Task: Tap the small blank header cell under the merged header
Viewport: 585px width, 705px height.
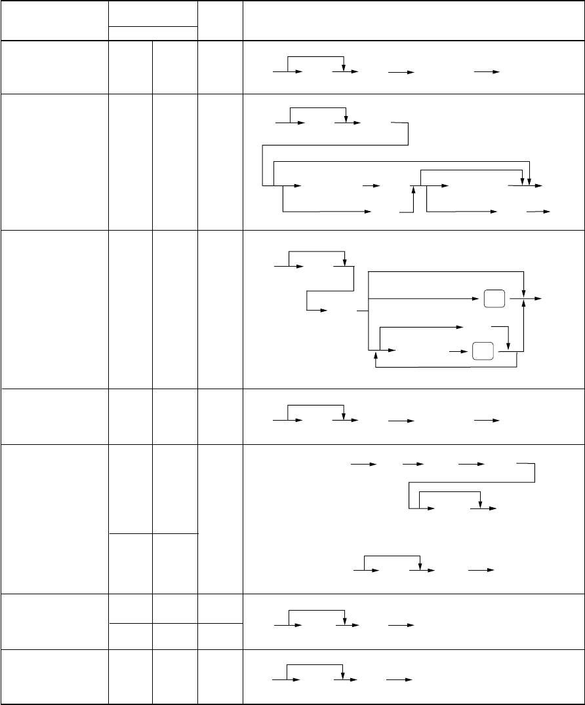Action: click(153, 33)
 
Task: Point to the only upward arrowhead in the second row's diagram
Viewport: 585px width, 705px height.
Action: click(414, 189)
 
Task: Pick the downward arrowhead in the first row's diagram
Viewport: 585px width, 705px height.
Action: click(344, 68)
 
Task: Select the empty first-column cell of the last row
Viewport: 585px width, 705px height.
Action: click(54, 676)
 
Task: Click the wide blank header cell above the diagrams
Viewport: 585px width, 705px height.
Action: click(413, 20)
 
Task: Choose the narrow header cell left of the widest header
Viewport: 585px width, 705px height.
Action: click(220, 20)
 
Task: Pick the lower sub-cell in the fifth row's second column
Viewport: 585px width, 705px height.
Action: click(131, 563)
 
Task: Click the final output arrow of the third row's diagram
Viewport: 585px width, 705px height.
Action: click(536, 299)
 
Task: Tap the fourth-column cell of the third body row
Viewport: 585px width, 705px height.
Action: click(220, 308)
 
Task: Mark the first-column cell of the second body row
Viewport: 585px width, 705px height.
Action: click(54, 161)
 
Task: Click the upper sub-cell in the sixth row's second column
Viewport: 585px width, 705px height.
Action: click(131, 608)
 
